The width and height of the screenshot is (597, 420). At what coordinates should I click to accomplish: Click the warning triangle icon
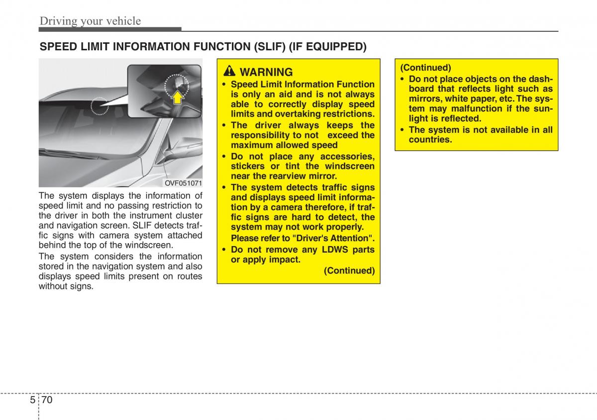(229, 71)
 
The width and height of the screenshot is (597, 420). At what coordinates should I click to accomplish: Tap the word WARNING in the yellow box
(266, 72)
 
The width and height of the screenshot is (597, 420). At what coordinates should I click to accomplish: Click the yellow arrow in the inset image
(177, 97)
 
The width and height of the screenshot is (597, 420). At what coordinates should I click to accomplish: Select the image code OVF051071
(183, 183)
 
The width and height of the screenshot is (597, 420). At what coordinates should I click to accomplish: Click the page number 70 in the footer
(47, 400)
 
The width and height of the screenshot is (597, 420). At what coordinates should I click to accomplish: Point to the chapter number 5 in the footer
(32, 400)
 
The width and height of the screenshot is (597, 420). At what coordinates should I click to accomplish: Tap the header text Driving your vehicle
(90, 21)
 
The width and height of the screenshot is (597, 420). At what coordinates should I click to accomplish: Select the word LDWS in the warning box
(335, 250)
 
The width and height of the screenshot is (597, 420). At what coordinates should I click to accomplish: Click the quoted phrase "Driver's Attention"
(332, 238)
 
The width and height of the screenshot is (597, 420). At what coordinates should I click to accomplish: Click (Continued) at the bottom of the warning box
(349, 271)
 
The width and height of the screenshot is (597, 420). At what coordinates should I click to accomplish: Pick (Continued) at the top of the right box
(425, 68)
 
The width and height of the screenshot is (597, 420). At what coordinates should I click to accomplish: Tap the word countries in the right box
(430, 140)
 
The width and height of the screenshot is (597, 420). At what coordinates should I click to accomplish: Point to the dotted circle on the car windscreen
(99, 106)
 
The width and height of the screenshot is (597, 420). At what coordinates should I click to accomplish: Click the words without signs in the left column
(66, 286)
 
